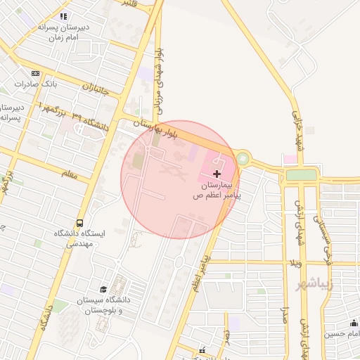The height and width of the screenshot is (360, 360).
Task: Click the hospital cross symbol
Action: (x=217, y=173)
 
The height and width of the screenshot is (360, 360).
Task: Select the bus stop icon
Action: (x=79, y=223)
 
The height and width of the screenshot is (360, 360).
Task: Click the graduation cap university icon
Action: (x=103, y=290)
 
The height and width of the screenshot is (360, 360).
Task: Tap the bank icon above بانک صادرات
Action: (x=36, y=73)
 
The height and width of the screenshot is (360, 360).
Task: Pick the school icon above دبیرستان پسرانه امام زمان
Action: (x=64, y=16)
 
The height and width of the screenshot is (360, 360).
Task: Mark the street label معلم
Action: (x=69, y=172)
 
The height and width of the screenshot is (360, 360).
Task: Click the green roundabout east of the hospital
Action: (x=243, y=159)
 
